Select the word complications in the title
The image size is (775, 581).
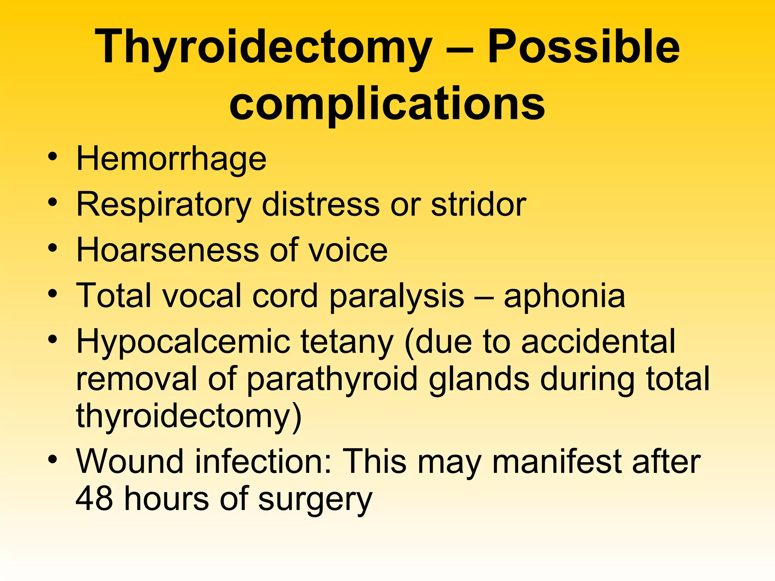[387, 104]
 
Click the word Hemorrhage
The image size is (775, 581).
[171, 159]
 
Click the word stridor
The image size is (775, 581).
[478, 205]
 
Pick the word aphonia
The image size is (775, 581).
[564, 296]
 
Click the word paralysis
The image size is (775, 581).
[396, 296]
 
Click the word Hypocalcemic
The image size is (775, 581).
[183, 342]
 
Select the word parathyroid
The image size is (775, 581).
[332, 379]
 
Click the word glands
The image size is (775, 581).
[479, 379]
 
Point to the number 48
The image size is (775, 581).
[94, 499]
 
